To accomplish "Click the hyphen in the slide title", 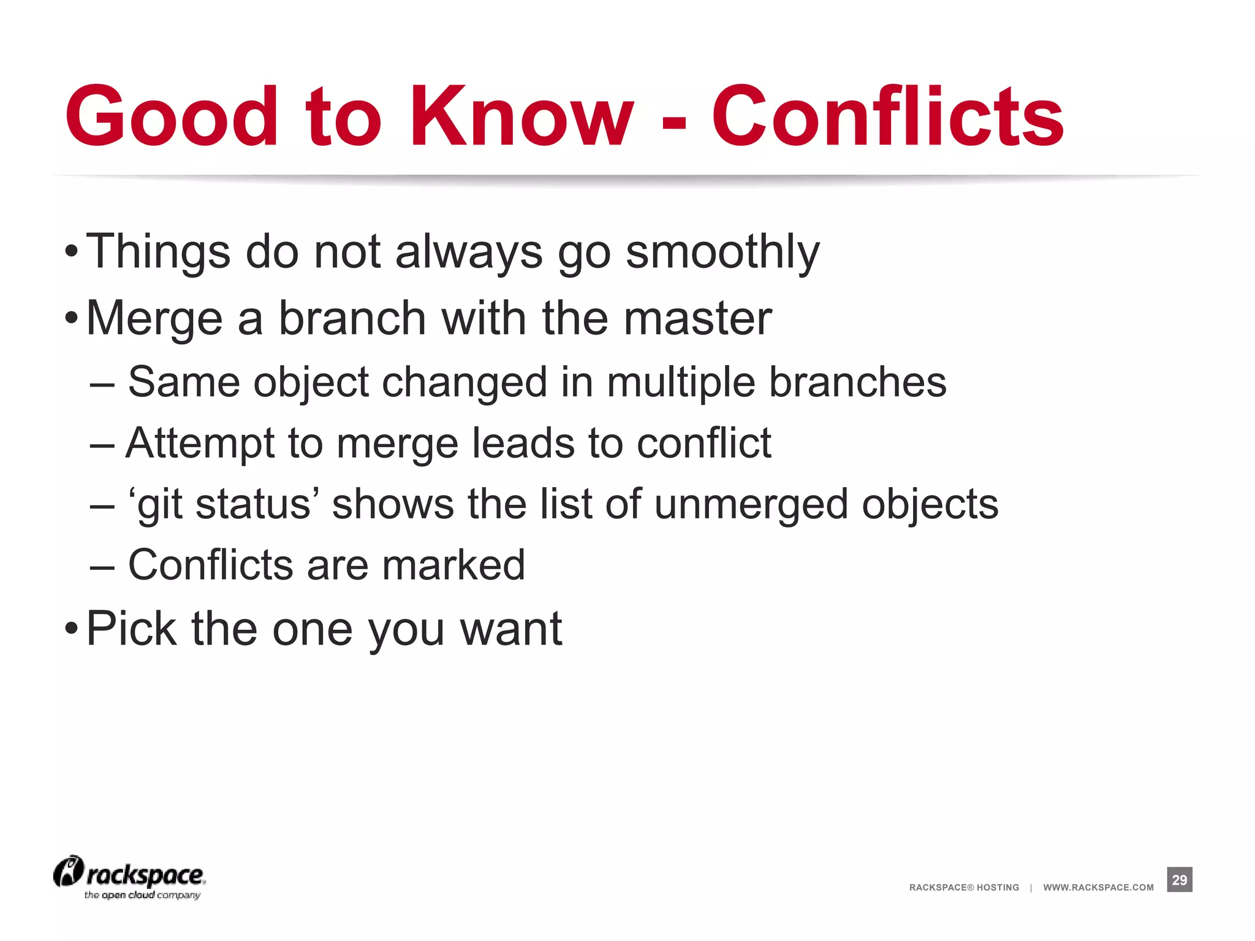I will (674, 122).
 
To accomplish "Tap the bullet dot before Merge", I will (71, 319).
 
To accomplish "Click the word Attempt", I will (199, 444).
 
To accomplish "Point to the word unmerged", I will (751, 505).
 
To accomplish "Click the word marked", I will (453, 565).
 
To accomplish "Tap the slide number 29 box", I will (1179, 880).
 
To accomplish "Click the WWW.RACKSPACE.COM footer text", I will (1098, 887).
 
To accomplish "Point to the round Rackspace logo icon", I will (68, 871).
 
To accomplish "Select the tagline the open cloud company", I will (142, 895).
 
